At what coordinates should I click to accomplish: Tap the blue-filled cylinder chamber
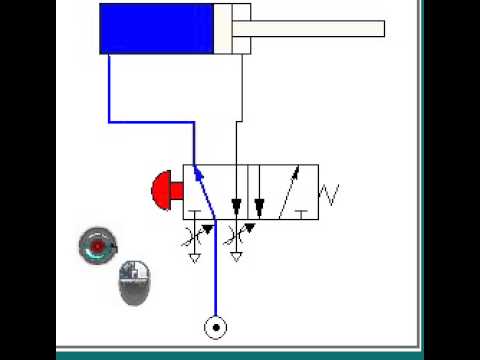pyautogui.click(x=155, y=28)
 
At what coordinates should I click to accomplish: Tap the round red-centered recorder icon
pyautogui.click(x=97, y=245)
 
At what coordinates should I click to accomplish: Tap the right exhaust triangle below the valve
pyautogui.click(x=237, y=257)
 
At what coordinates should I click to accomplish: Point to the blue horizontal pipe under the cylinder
pyautogui.click(x=150, y=122)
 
